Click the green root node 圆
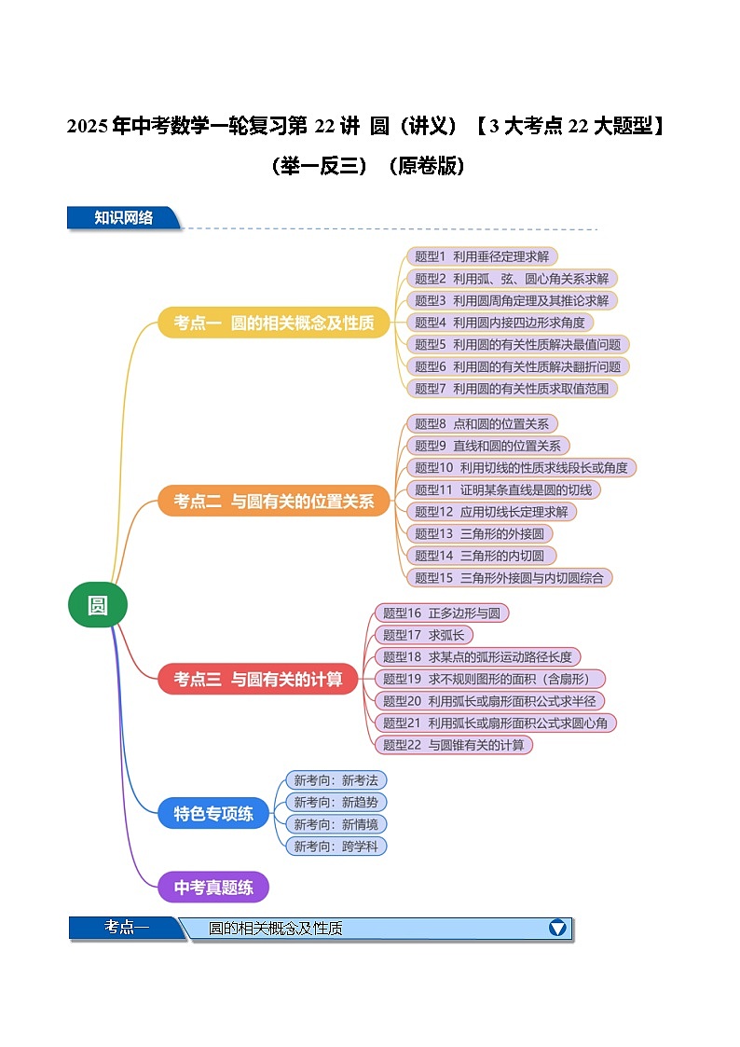coord(97,605)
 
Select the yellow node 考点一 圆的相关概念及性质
coord(274,323)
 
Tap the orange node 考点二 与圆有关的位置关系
coord(274,501)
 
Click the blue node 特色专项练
coord(213,813)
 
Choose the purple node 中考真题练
coord(213,887)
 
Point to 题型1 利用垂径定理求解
coord(483,256)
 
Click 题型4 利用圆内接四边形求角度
coord(500,323)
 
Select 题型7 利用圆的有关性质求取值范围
coord(513,388)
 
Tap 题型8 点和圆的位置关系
coord(482,423)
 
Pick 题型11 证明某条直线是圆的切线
coord(503,489)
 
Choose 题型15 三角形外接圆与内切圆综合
coord(509,577)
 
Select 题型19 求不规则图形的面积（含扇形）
coord(489,679)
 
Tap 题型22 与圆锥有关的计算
coord(454,744)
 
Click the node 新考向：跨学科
coord(336,846)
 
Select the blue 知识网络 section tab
coord(123,218)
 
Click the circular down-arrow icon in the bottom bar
coord(557,928)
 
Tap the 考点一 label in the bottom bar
coord(127,928)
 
